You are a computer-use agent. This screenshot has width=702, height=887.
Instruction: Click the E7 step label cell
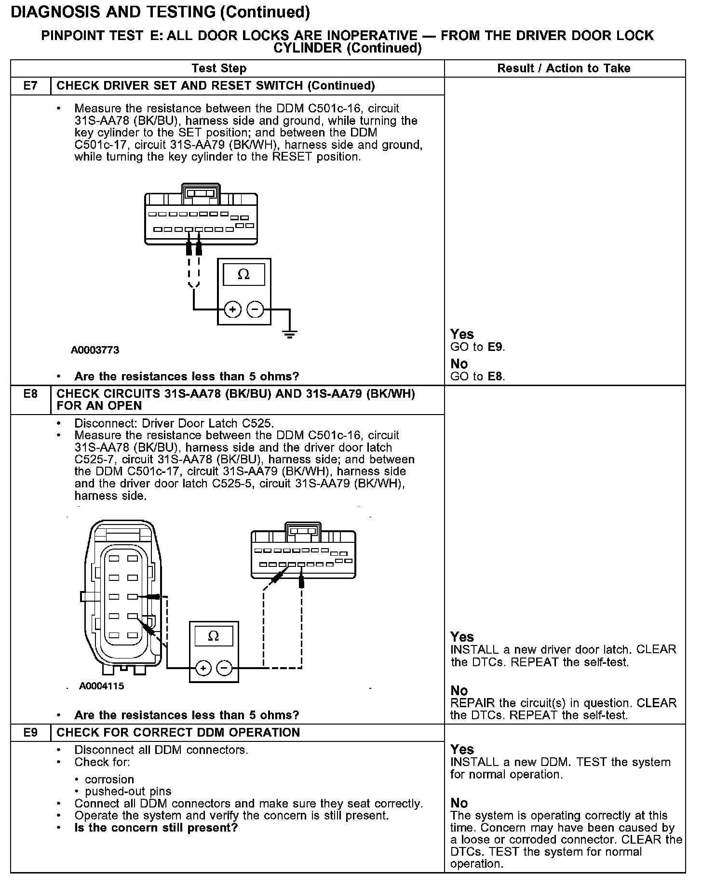pyautogui.click(x=30, y=86)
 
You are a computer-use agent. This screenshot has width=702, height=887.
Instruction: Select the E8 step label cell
pyautogui.click(x=30, y=394)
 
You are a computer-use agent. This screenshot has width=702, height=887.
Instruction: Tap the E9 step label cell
pyautogui.click(x=30, y=732)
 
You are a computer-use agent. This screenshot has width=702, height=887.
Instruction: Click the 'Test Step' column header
pyautogui.click(x=219, y=68)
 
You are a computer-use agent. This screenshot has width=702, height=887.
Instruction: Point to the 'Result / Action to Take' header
pyautogui.click(x=564, y=68)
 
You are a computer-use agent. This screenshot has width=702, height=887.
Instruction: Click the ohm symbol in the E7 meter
pyautogui.click(x=243, y=275)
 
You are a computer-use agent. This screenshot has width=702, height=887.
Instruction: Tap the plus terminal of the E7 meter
pyautogui.click(x=233, y=309)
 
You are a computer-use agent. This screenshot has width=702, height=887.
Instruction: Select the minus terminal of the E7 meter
pyautogui.click(x=255, y=309)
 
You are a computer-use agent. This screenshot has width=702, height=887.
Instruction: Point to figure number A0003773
pyautogui.click(x=95, y=350)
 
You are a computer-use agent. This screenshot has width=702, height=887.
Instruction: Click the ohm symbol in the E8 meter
pyautogui.click(x=213, y=636)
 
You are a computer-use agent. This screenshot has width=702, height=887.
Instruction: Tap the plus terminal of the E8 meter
pyautogui.click(x=203, y=668)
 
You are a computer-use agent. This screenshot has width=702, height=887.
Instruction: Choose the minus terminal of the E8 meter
pyautogui.click(x=224, y=668)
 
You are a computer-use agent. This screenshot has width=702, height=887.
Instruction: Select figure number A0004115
pyautogui.click(x=102, y=686)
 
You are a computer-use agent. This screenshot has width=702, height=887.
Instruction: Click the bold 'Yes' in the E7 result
pyautogui.click(x=462, y=334)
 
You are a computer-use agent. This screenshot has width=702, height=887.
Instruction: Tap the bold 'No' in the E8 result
pyautogui.click(x=459, y=691)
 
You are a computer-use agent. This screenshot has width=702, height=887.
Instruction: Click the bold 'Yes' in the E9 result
pyautogui.click(x=462, y=750)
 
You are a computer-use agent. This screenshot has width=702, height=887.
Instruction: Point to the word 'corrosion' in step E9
pyautogui.click(x=109, y=779)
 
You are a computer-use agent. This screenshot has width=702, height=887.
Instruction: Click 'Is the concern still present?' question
pyautogui.click(x=156, y=828)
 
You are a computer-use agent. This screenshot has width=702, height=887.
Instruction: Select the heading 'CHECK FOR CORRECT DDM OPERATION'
pyautogui.click(x=178, y=732)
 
